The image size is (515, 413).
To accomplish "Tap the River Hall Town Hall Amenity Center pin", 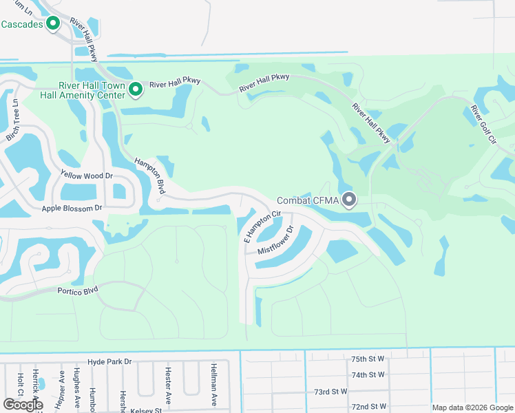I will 136,89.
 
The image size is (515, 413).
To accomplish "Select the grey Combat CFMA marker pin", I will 350,200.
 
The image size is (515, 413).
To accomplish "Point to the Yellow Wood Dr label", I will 86,176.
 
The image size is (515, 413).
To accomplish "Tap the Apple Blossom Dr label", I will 72,207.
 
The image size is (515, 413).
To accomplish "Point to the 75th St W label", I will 368,359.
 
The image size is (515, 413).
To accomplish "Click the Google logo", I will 23,404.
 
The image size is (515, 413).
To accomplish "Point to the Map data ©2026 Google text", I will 472,406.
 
